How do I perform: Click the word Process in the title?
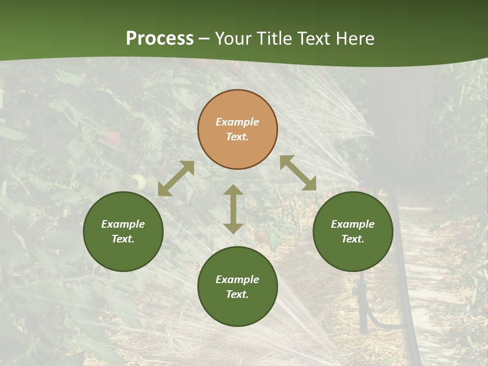coord(160,39)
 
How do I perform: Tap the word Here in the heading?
coord(356,39)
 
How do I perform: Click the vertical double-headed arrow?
coord(233,209)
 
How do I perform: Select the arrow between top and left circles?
coord(176,178)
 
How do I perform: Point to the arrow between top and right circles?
coord(298,173)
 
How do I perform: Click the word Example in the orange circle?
coord(237,122)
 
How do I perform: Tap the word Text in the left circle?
coord(123,239)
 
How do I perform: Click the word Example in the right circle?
coord(353,224)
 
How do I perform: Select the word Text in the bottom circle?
coord(237,294)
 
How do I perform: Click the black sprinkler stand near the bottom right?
coord(362,305)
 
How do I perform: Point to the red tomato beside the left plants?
coord(113,138)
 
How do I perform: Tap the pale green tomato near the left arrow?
coord(138,181)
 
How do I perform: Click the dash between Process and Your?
coord(204,39)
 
